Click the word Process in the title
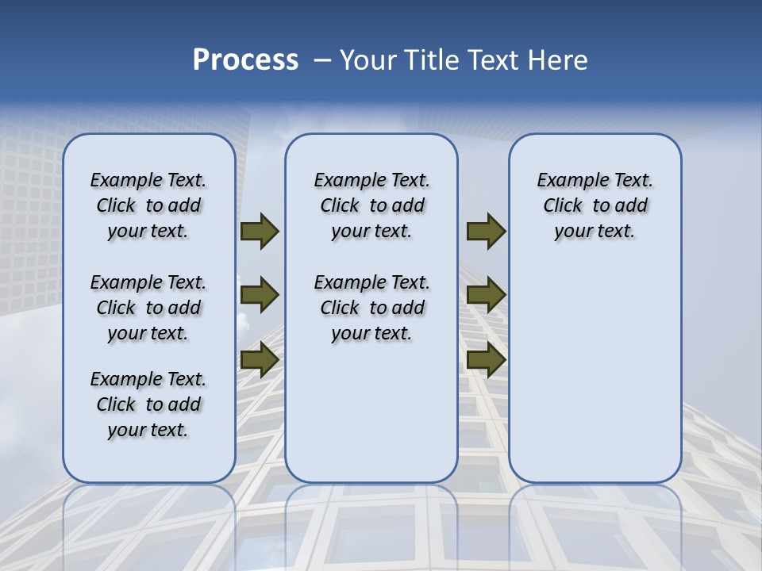click(245, 60)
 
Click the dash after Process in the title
click(321, 60)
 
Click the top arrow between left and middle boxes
click(260, 232)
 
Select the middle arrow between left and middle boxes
click(260, 295)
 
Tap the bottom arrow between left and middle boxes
click(260, 360)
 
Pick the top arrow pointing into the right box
click(486, 232)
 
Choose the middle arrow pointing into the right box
click(486, 295)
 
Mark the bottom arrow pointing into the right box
click(486, 360)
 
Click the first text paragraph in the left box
click(148, 205)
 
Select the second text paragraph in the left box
click(148, 308)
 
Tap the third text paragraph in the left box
click(148, 404)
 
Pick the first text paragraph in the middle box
click(371, 205)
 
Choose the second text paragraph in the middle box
click(371, 308)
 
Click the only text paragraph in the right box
click(595, 205)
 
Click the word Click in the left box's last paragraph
click(116, 404)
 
